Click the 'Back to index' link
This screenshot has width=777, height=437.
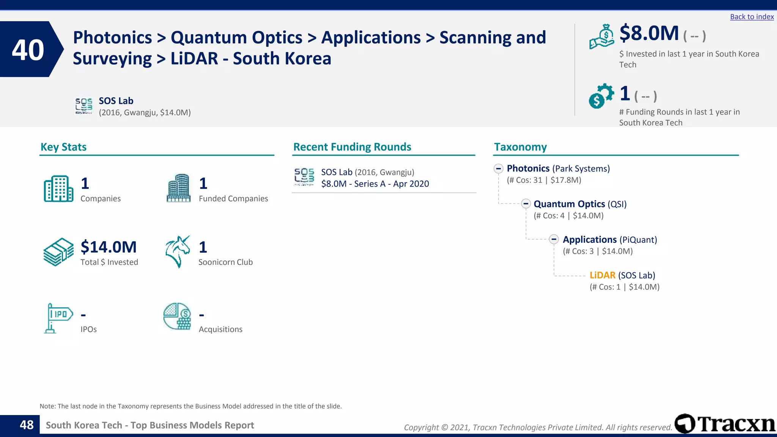752,17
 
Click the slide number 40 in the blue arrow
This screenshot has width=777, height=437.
28,50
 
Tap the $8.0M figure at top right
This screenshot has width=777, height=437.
649,33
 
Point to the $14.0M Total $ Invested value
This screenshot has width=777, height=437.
109,247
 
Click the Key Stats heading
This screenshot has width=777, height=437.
63,147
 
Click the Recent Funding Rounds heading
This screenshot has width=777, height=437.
352,147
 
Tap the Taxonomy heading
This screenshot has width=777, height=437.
520,147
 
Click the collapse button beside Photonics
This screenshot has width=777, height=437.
499,168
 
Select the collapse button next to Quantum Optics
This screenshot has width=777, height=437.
525,204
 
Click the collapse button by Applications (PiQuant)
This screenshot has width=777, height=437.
554,239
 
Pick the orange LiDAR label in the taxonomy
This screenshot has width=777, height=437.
602,275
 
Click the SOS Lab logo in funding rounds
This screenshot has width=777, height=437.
304,177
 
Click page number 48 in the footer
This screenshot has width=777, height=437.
27,425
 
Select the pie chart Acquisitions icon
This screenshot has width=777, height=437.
177,316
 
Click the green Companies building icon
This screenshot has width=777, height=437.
58,189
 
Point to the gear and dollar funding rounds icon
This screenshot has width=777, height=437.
601,96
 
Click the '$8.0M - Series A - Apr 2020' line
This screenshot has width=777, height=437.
375,184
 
